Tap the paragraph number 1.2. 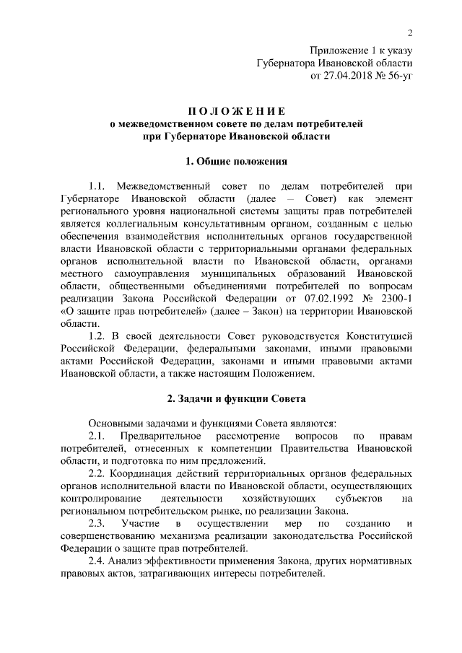97,337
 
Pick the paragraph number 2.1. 97,436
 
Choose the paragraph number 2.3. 97,522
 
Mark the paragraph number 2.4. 97,561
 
